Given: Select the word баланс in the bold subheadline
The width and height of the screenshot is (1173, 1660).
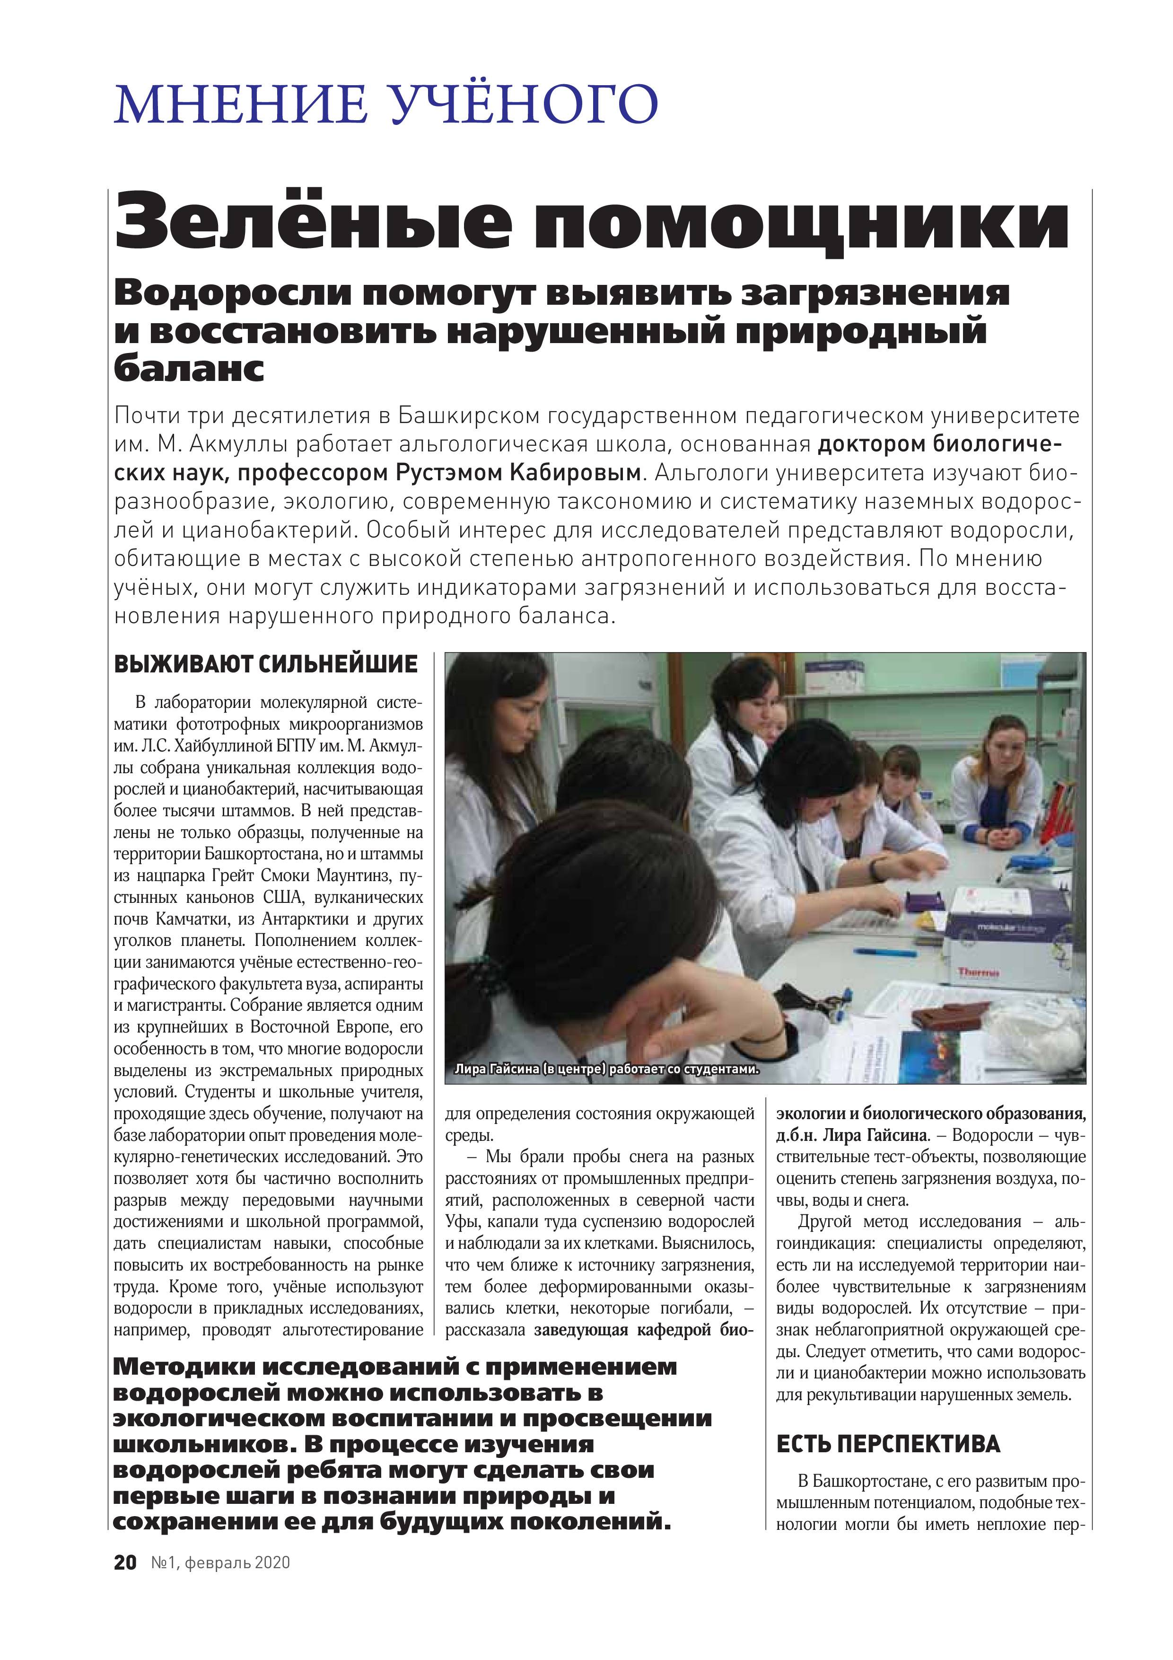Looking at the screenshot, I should (189, 369).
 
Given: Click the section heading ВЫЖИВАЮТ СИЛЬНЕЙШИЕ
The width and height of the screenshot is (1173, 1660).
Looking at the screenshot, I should (265, 664).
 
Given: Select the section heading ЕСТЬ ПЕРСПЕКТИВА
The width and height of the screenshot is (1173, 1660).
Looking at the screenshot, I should (888, 1444).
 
